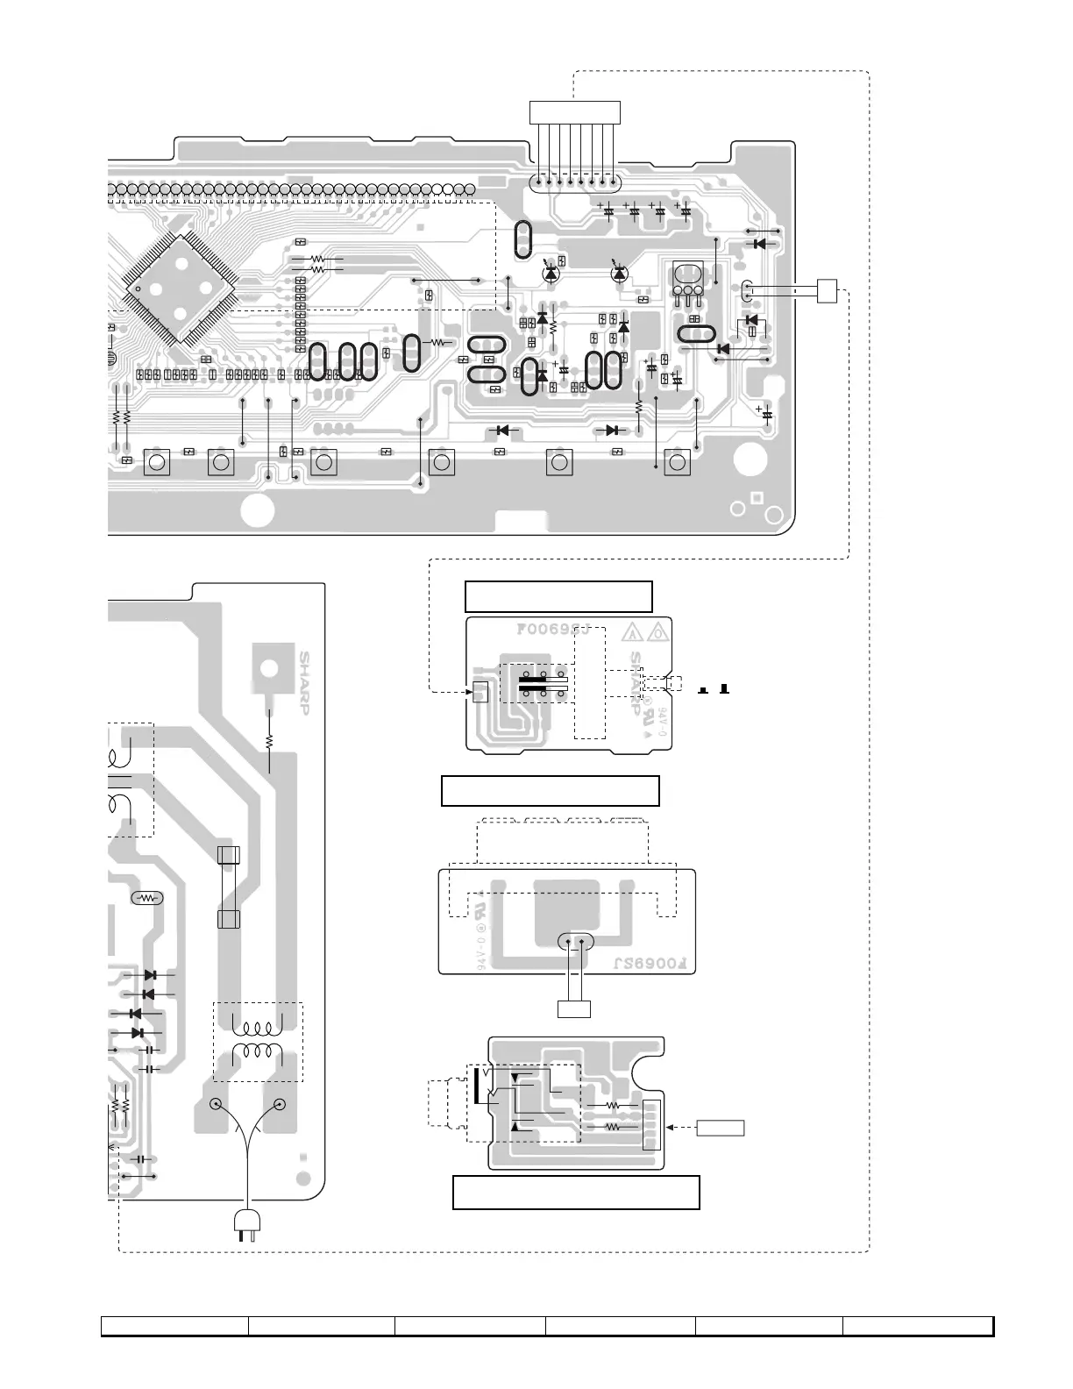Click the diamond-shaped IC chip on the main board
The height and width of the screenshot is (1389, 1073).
point(181,288)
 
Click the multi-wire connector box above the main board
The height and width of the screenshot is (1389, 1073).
point(575,112)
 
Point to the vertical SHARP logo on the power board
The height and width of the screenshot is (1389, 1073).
point(305,682)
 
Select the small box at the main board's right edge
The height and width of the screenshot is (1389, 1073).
point(827,290)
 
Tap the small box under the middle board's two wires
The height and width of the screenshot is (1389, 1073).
point(574,1008)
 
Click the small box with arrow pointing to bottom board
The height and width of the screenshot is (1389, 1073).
point(721,1127)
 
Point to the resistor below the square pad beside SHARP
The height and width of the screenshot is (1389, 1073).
point(269,741)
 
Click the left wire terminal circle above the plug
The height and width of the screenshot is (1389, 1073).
point(215,1105)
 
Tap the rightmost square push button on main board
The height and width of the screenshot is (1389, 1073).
point(676,462)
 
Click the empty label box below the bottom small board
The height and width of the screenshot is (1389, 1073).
point(576,1193)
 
